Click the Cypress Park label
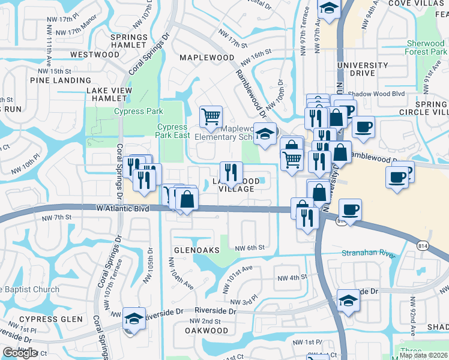click(x=138, y=111)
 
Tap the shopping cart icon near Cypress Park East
click(x=211, y=116)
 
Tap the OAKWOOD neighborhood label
click(x=206, y=331)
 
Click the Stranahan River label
click(x=369, y=254)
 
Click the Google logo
click(x=20, y=353)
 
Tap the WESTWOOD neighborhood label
click(x=95, y=55)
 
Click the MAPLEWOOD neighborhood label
click(x=207, y=58)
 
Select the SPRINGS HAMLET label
click(x=129, y=41)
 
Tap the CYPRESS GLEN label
click(x=50, y=319)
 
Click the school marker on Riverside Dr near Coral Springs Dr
click(x=134, y=318)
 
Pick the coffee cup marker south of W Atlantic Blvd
click(x=350, y=209)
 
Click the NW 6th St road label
click(x=250, y=248)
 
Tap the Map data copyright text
click(x=423, y=355)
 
